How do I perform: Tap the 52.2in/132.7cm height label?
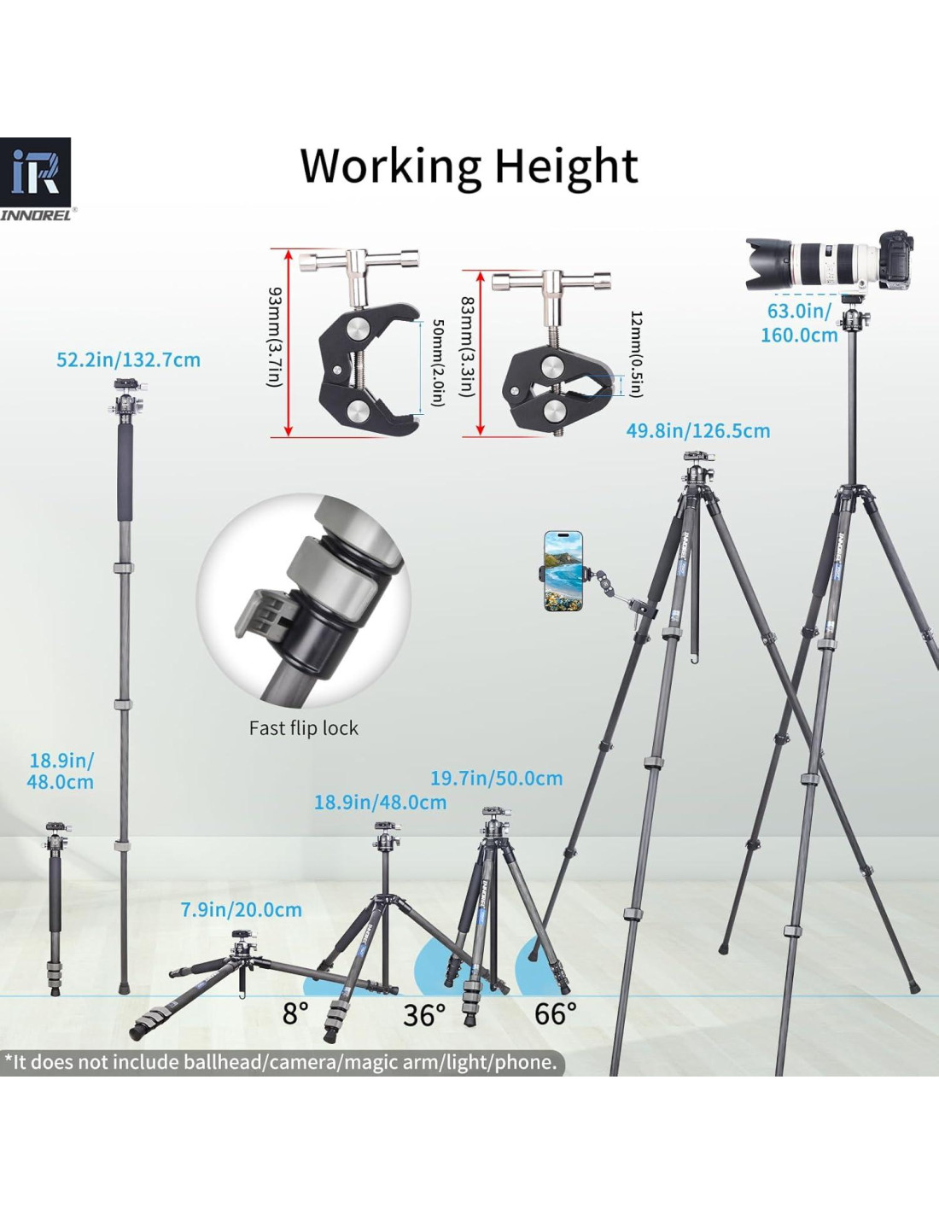point(129,359)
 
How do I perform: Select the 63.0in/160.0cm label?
point(799,323)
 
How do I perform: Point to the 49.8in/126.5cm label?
point(697,431)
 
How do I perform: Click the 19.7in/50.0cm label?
point(497,779)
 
